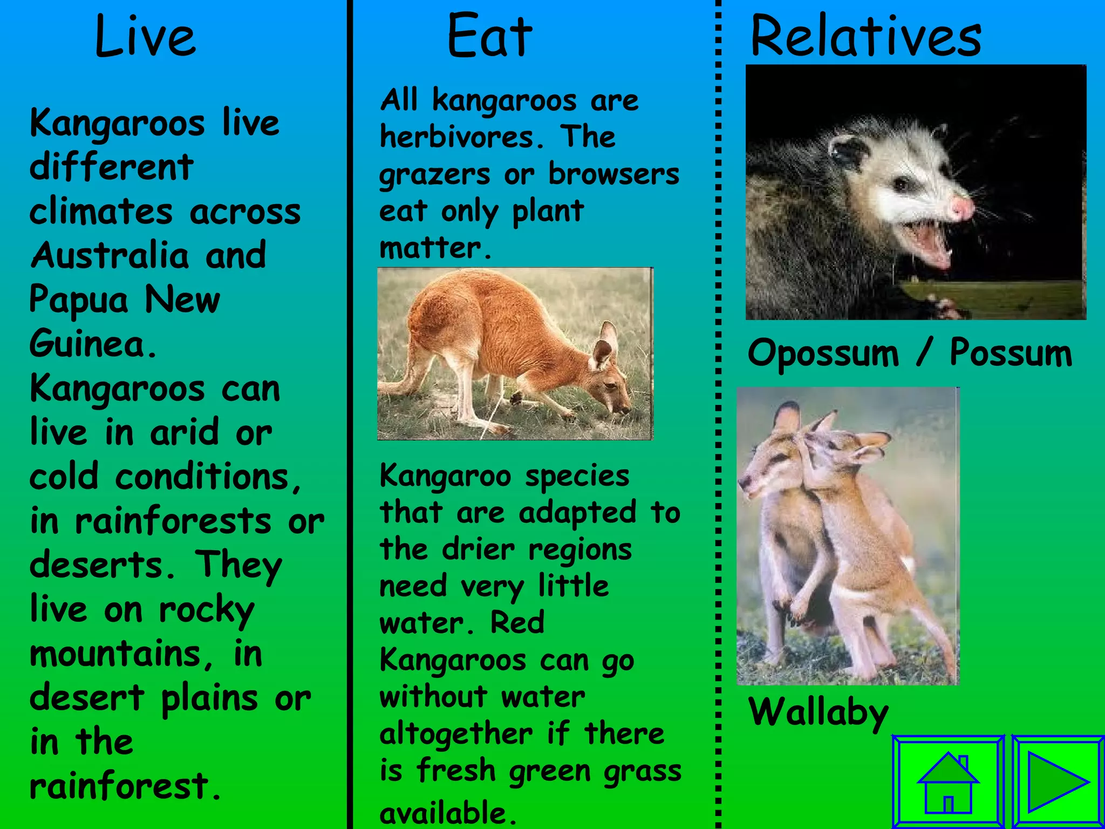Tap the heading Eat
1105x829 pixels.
(489, 37)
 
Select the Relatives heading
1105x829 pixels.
(865, 37)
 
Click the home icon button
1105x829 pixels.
(948, 782)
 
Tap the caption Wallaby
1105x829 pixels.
(818, 712)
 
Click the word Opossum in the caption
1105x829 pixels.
(823, 354)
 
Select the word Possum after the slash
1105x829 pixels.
(1011, 354)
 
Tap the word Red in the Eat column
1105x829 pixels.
(517, 622)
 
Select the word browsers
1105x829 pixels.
(613, 174)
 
